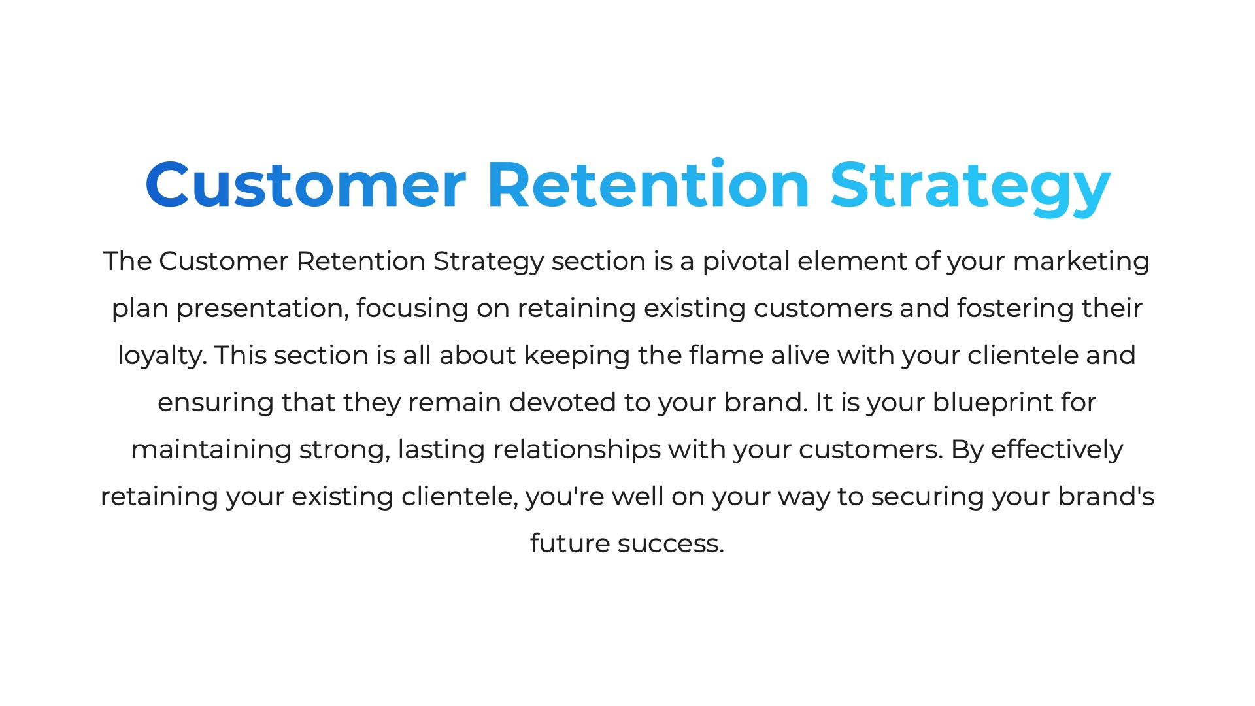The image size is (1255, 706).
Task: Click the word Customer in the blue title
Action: click(305, 185)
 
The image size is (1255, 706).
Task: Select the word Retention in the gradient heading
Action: click(649, 185)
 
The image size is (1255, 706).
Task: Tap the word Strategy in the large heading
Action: click(971, 188)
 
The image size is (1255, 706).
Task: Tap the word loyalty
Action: click(161, 356)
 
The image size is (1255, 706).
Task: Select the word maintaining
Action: click(211, 450)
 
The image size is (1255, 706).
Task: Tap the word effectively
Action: click(1057, 450)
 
